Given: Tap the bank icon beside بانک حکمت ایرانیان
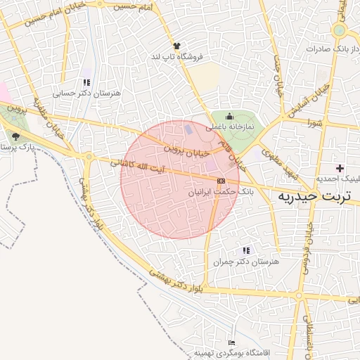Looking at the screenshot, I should point(221,181).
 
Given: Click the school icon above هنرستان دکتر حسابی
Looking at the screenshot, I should point(86,82).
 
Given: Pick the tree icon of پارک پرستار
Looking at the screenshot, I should point(15,136).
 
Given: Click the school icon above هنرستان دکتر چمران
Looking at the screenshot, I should point(245,250).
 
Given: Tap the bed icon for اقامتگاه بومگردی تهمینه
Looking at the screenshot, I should point(232,342).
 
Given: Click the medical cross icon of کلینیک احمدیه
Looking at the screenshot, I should point(341,168).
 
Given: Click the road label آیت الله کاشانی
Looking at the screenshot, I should point(136,166).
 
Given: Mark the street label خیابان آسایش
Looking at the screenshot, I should point(318,101).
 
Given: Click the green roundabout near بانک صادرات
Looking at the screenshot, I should point(340,30).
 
